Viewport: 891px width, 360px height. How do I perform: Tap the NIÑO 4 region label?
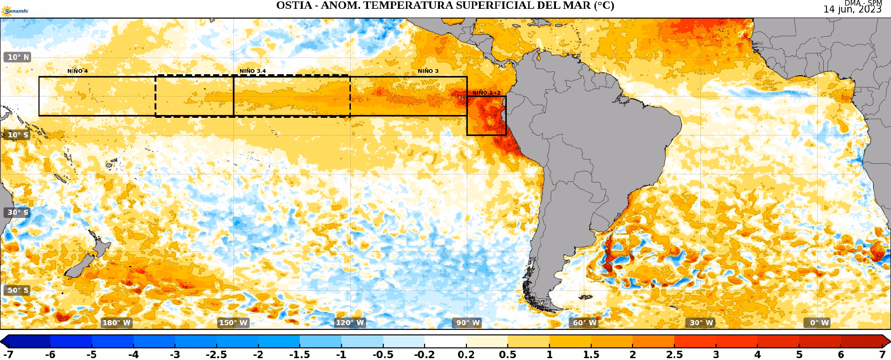pyautogui.click(x=77, y=71)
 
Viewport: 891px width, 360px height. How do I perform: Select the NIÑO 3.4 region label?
pyautogui.click(x=252, y=71)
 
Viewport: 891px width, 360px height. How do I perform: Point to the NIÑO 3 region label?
pyautogui.click(x=428, y=71)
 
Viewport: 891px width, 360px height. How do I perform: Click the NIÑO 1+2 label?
pyautogui.click(x=486, y=93)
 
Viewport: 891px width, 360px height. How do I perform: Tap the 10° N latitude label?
pyautogui.click(x=19, y=57)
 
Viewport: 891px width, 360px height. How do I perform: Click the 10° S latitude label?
pyautogui.click(x=19, y=135)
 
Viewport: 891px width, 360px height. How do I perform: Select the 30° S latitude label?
pyautogui.click(x=19, y=212)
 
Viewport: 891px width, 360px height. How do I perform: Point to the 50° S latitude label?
pyautogui.click(x=19, y=290)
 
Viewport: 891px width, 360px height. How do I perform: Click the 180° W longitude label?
pyautogui.click(x=116, y=323)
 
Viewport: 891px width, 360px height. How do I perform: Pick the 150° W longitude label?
pyautogui.click(x=233, y=323)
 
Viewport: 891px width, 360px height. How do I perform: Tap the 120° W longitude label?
pyautogui.click(x=350, y=323)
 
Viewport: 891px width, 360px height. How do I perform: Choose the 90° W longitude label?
pyautogui.click(x=467, y=323)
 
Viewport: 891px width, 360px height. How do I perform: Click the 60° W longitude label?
pyautogui.click(x=584, y=323)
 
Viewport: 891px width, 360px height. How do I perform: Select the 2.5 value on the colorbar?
pyautogui.click(x=675, y=355)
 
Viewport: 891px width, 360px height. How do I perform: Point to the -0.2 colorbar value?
pyautogui.click(x=425, y=355)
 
